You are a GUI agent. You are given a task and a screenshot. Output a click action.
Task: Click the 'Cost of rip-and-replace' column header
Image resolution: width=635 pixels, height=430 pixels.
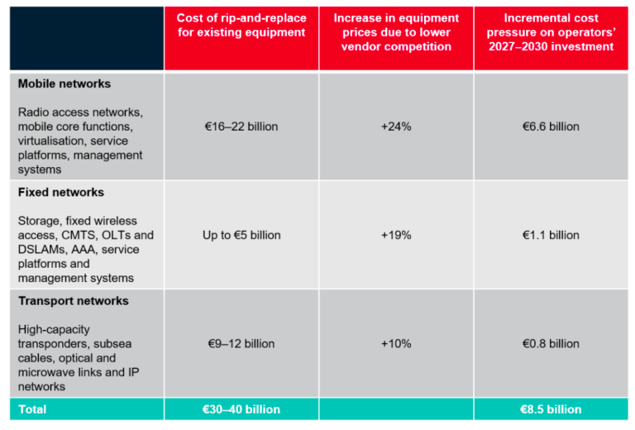(x=241, y=25)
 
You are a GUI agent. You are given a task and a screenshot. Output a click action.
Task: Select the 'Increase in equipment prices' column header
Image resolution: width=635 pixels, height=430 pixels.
(x=396, y=32)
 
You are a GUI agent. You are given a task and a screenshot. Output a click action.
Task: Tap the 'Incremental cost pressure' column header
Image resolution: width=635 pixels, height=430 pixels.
(x=551, y=32)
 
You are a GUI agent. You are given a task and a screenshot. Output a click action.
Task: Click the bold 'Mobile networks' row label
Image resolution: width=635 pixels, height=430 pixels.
(x=64, y=84)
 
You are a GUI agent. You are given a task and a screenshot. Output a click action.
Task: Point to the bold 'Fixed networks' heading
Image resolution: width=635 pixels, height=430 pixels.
(x=61, y=193)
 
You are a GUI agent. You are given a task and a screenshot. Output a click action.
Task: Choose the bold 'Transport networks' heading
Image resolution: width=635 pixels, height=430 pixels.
(x=74, y=301)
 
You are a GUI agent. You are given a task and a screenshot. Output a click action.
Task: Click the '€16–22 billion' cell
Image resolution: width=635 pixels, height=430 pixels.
(x=241, y=127)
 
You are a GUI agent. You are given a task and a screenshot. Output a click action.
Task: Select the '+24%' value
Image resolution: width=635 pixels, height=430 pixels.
(x=396, y=127)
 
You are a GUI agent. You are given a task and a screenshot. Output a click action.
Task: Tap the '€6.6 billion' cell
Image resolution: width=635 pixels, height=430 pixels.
(x=551, y=127)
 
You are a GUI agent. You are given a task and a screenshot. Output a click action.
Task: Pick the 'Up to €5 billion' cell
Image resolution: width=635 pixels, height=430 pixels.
(x=241, y=235)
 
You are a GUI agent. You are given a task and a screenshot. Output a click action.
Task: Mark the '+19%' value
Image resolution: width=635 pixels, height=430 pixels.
(x=396, y=235)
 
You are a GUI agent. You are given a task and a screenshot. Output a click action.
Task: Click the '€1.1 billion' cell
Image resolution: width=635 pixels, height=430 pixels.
(x=551, y=235)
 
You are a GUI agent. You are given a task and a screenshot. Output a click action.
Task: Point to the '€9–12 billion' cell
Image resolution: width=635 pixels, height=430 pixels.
(x=241, y=344)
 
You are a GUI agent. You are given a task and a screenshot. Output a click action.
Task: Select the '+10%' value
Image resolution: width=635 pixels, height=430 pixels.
(x=396, y=344)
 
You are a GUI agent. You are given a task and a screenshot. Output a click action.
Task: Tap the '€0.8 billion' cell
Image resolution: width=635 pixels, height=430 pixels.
(x=551, y=344)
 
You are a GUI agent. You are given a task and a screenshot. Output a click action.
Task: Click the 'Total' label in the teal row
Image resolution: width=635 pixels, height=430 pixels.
(x=32, y=409)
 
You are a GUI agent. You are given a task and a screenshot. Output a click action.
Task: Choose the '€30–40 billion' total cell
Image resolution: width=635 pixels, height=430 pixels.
(x=241, y=409)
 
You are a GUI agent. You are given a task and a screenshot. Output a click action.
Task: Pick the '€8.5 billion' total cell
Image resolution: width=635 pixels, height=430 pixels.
(x=551, y=409)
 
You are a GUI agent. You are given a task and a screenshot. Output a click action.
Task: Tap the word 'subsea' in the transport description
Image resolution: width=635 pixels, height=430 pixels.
(x=112, y=344)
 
